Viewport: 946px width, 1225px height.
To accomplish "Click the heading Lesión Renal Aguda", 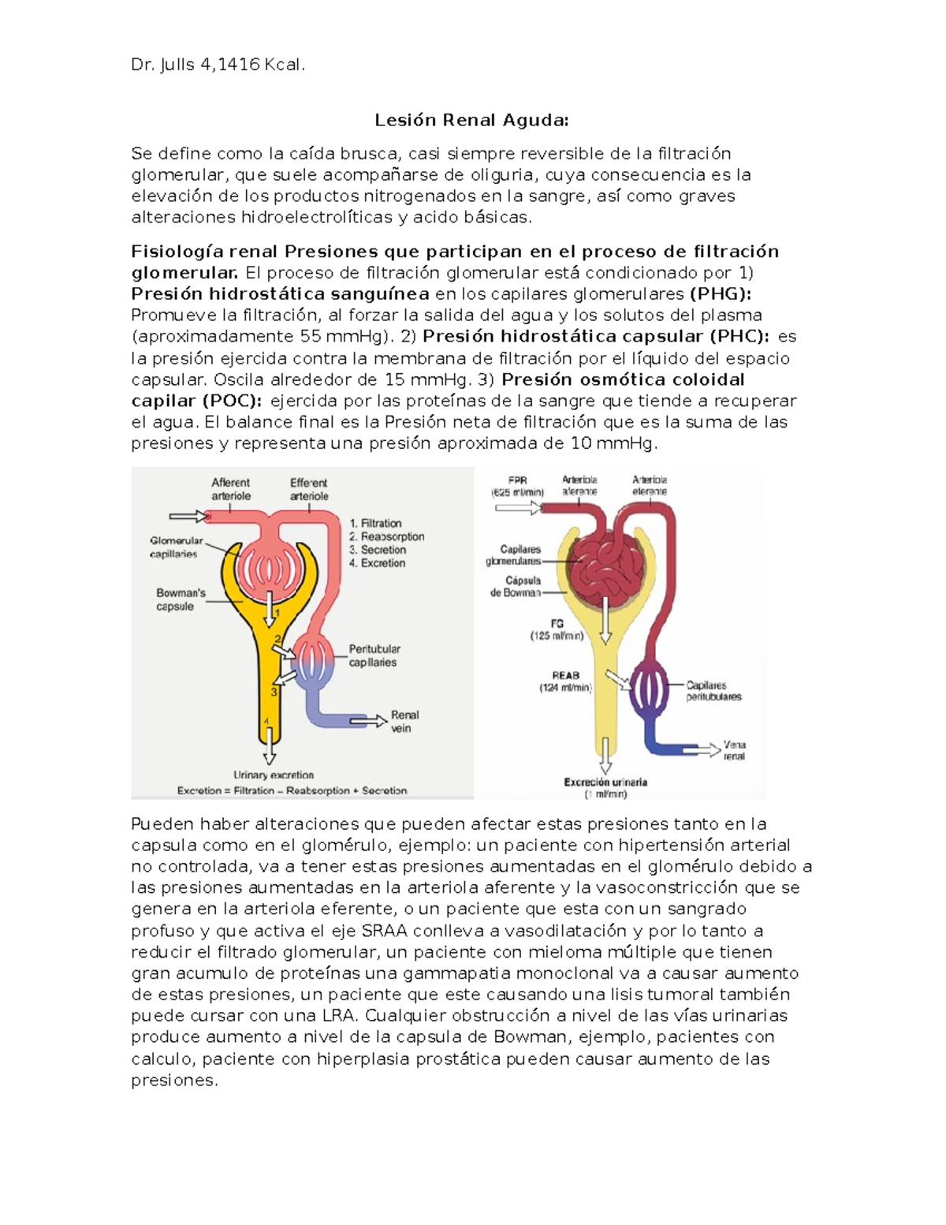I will (x=471, y=120).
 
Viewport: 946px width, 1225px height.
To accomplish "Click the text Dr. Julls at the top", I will (x=163, y=65).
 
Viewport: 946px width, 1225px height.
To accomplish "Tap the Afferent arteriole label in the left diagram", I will (x=230, y=489).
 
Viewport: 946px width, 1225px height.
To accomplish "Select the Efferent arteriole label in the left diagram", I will (x=309, y=489).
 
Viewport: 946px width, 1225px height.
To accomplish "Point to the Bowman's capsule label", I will (x=180, y=599).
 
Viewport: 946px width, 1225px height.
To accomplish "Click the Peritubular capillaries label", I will (x=374, y=655).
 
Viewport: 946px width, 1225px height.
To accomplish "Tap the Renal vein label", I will (x=404, y=721).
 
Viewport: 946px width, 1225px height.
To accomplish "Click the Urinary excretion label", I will (x=273, y=775).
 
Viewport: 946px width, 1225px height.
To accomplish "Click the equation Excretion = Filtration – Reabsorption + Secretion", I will (x=292, y=790).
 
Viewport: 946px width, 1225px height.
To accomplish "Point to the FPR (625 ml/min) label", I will (x=517, y=486).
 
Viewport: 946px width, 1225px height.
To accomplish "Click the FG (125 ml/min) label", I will (x=557, y=629).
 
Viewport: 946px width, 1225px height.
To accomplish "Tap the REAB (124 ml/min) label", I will (x=565, y=682).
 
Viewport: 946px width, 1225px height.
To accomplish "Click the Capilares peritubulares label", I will (x=713, y=691).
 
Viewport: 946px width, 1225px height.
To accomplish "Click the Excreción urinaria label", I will (x=605, y=782).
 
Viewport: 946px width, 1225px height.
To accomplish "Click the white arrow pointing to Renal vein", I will (x=368, y=720).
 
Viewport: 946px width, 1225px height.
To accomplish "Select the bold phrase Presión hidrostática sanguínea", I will (x=280, y=294).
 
